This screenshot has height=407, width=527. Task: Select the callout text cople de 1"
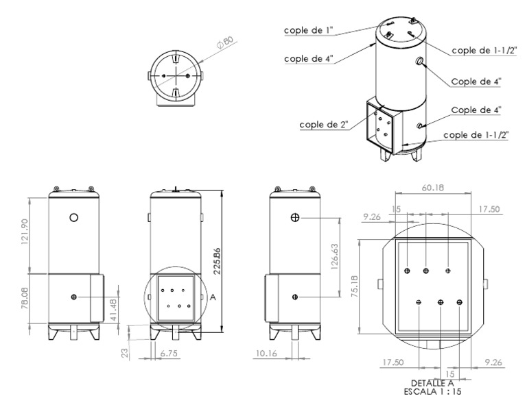310,30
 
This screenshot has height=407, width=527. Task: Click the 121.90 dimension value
27,233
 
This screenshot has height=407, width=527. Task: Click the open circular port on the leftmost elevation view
74,217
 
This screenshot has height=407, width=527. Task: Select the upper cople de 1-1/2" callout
485,49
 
